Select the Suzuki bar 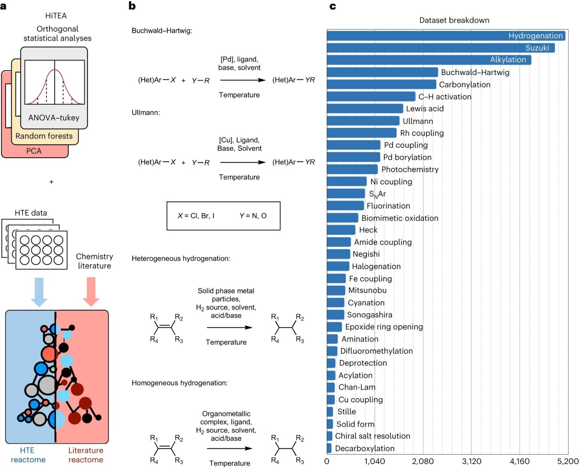tap(440, 48)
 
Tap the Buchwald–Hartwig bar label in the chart tap(475, 72)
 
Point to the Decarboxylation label tap(365, 448)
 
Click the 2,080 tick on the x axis tap(423, 461)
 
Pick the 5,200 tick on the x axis tap(568, 461)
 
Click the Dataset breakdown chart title tap(454, 20)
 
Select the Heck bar tap(341, 230)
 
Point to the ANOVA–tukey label tap(54, 118)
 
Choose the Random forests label tap(44, 136)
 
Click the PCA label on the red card tap(34, 151)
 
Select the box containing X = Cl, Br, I tap(223, 216)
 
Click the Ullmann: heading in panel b tap(146, 112)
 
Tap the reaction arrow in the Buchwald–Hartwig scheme tap(243, 80)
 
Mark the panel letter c tap(332, 6)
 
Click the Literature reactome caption tap(86, 455)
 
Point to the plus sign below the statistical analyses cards tap(51, 182)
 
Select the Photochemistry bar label tap(410, 170)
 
